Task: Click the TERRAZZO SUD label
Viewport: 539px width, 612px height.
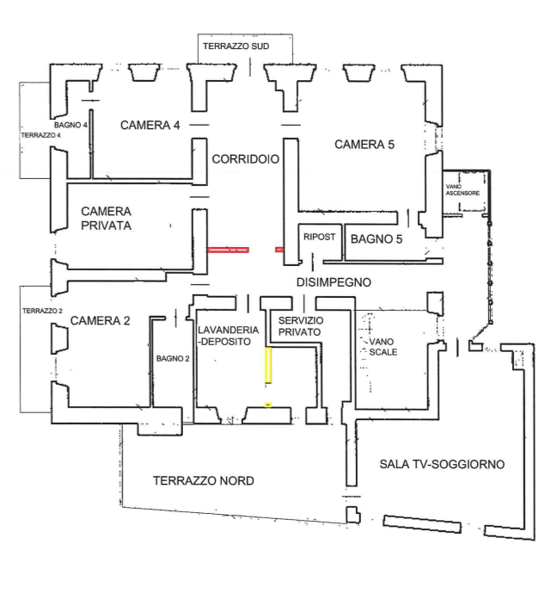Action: [x=236, y=46]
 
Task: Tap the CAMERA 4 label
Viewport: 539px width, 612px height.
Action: [x=150, y=126]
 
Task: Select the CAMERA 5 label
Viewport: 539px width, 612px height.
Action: [x=364, y=145]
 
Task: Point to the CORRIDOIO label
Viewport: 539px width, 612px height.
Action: [x=246, y=159]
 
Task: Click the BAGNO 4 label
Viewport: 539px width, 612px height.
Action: [x=70, y=126]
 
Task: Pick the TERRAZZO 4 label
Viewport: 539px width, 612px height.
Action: [x=41, y=135]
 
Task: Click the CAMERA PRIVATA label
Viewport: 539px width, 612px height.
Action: [x=106, y=219]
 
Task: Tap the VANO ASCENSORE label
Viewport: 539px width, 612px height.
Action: [x=462, y=190]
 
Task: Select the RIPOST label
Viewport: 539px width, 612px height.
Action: [x=319, y=237]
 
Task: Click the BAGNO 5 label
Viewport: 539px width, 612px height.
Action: [x=377, y=239]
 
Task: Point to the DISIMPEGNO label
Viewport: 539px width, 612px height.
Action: [x=334, y=282]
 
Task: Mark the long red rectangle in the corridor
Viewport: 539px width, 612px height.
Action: [x=229, y=250]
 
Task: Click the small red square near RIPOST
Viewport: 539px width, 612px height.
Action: [x=279, y=250]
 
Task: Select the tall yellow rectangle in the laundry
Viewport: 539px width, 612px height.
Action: [x=268, y=365]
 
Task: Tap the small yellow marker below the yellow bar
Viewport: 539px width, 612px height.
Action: [x=268, y=405]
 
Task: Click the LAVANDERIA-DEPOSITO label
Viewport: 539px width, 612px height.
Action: [x=228, y=336]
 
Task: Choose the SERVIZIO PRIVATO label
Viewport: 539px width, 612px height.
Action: [x=301, y=326]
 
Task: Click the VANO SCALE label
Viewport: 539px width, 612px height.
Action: [x=383, y=347]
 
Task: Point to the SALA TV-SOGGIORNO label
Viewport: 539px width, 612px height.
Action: [x=442, y=465]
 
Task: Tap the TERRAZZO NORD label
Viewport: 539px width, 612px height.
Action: [x=204, y=481]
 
